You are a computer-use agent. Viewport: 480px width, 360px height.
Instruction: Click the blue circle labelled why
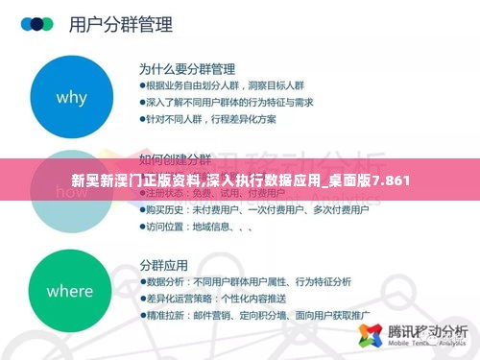click(x=72, y=98)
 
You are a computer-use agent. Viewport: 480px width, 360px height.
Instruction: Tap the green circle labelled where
click(x=69, y=290)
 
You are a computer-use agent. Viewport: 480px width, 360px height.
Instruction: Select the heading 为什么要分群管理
click(x=186, y=69)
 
